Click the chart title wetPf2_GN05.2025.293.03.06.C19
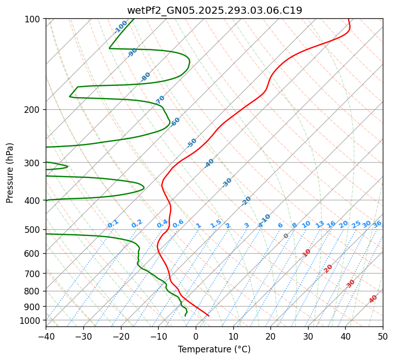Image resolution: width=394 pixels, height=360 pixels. (x=215, y=10)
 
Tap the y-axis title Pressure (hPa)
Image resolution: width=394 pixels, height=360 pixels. (x=10, y=173)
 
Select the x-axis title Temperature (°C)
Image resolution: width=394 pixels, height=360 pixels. (x=214, y=349)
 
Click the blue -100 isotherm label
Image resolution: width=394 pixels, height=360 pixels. (x=120, y=27)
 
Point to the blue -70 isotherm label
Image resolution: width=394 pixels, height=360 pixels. (x=160, y=100)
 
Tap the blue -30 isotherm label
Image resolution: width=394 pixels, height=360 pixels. (x=227, y=183)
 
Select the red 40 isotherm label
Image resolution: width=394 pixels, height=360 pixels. (x=373, y=299)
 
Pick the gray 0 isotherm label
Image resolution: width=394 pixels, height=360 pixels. (x=286, y=236)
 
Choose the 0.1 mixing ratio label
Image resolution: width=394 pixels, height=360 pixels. (x=113, y=223)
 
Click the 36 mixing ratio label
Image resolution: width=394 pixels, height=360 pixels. (x=377, y=224)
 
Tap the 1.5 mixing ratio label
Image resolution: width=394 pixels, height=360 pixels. (x=216, y=223)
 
